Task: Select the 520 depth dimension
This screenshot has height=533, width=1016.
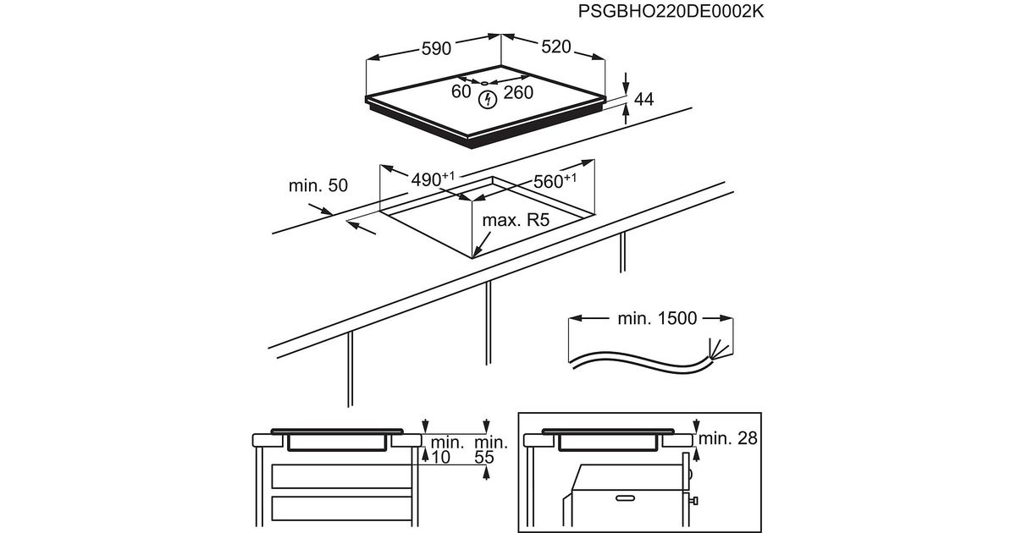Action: pyautogui.click(x=555, y=47)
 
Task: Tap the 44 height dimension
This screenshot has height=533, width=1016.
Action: pyautogui.click(x=644, y=100)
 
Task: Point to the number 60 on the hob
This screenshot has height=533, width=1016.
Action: pyautogui.click(x=461, y=91)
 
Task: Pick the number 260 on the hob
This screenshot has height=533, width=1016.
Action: pyautogui.click(x=518, y=92)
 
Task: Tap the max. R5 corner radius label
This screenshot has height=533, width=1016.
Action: pyautogui.click(x=516, y=221)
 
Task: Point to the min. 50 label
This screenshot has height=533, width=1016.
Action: pyautogui.click(x=318, y=185)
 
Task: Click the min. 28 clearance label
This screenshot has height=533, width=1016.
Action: pyautogui.click(x=728, y=438)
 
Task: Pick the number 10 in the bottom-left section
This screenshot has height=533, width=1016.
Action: pyautogui.click(x=440, y=457)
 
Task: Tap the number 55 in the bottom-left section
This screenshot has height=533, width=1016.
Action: pyautogui.click(x=483, y=457)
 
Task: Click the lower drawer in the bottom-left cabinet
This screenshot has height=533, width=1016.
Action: pyautogui.click(x=343, y=509)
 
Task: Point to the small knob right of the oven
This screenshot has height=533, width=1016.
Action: pyautogui.click(x=696, y=501)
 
